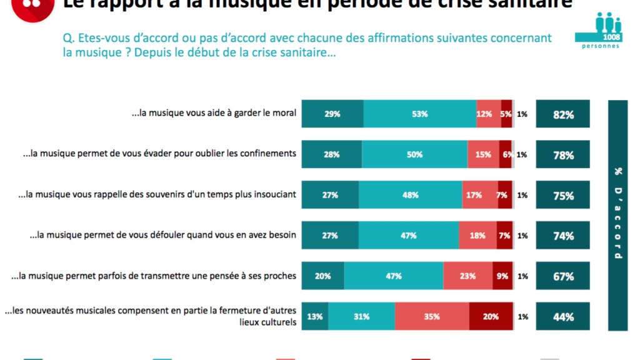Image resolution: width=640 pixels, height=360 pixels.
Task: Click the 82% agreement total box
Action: click(562, 114)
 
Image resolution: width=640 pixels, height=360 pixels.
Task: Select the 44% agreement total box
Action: click(562, 317)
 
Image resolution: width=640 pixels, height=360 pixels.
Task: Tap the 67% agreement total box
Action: click(562, 276)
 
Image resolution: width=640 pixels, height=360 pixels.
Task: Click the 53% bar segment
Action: click(419, 114)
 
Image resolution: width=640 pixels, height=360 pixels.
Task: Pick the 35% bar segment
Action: click(432, 317)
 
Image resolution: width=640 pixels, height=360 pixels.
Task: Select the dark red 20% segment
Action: click(491, 317)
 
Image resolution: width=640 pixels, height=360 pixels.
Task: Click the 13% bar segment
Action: click(315, 317)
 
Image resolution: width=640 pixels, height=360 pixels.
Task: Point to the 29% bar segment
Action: click(332, 114)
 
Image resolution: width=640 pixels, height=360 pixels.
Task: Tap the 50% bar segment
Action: click(414, 155)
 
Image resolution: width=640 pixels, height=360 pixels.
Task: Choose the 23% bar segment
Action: click(467, 276)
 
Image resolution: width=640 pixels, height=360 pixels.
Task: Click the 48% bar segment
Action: click(410, 195)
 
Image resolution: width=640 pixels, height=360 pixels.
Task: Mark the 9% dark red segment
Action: click(502, 276)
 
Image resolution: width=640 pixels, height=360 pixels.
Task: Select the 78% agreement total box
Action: click(562, 155)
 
